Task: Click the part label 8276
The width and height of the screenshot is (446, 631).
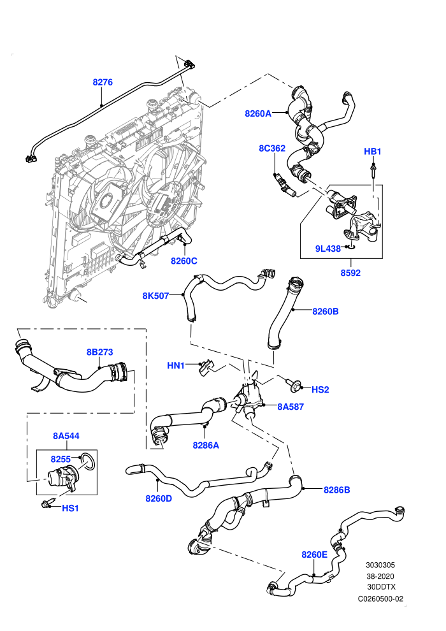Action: click(x=103, y=82)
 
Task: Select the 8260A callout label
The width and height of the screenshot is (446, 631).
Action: click(x=258, y=113)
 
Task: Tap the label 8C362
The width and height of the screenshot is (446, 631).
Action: click(x=272, y=148)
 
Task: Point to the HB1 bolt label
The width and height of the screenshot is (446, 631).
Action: click(x=372, y=151)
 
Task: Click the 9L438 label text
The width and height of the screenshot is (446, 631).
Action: click(x=327, y=249)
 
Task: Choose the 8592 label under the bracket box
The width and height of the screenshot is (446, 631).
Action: click(x=350, y=273)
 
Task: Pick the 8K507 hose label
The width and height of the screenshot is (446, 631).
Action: click(x=155, y=296)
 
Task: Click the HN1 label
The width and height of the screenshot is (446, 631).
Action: click(x=176, y=365)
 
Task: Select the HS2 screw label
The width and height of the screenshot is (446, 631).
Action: click(x=320, y=389)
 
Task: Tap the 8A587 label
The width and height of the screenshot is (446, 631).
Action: click(x=291, y=407)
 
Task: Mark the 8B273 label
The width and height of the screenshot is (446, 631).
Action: click(x=100, y=352)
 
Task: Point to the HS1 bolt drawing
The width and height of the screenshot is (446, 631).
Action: click(x=45, y=504)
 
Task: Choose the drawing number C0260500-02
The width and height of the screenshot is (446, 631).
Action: click(x=380, y=598)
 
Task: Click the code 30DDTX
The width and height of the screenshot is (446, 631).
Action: click(x=381, y=587)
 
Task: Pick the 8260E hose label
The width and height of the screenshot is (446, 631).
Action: click(x=315, y=555)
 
